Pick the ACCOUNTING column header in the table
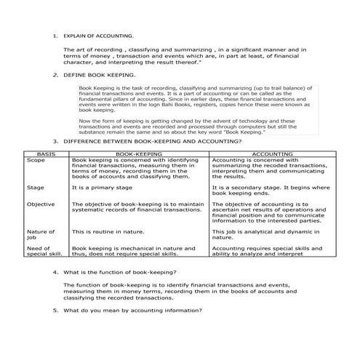(x=272, y=155)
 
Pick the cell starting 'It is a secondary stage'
(x=271, y=190)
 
